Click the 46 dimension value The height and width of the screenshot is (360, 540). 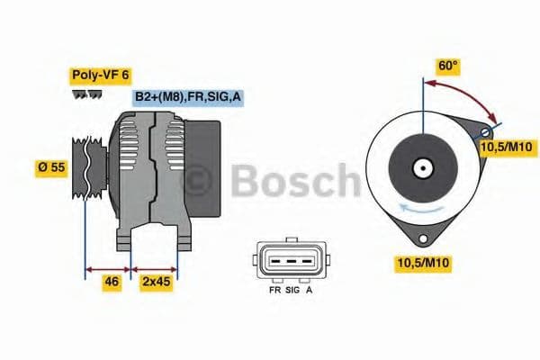(112, 281)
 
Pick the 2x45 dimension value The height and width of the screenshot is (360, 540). (156, 281)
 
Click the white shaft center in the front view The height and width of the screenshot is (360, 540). (421, 168)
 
